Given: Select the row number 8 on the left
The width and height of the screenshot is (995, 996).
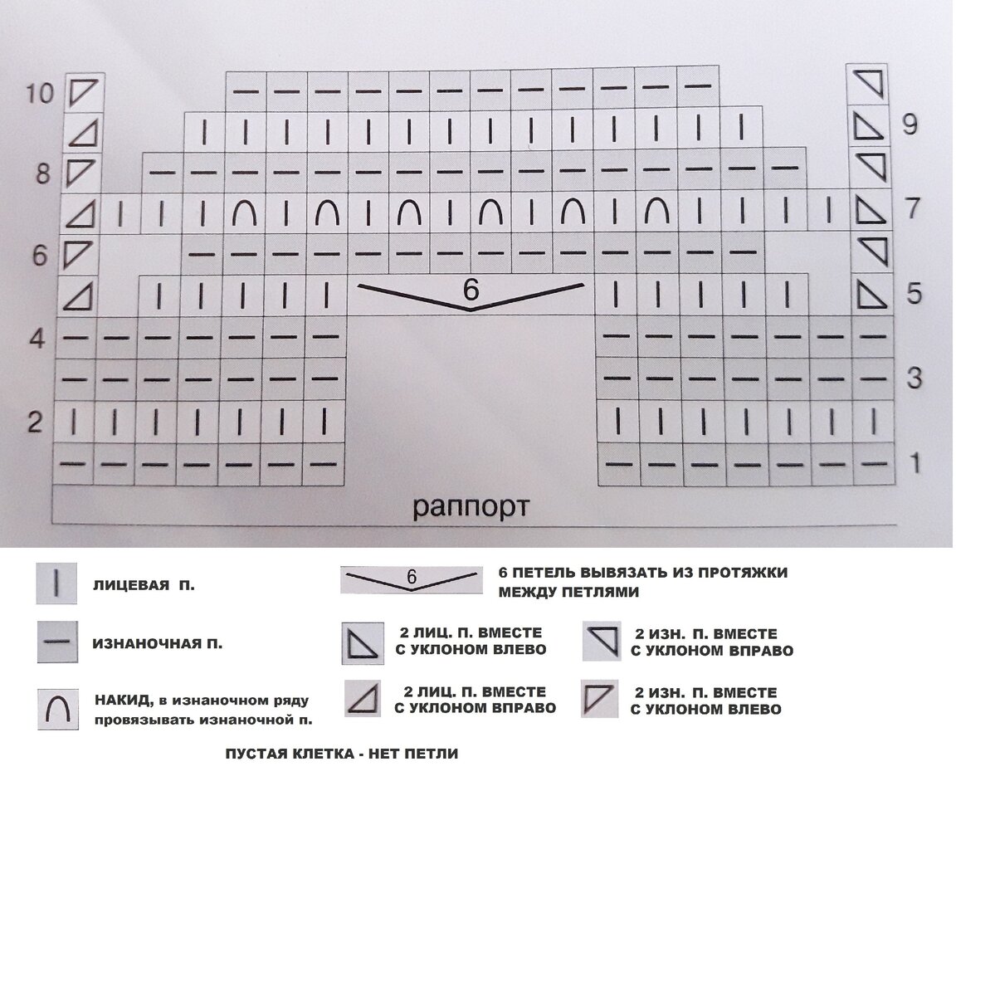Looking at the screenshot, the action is (42, 174).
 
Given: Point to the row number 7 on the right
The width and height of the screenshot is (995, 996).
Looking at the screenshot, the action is (912, 208).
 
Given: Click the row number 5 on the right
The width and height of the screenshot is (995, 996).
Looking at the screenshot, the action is (913, 294).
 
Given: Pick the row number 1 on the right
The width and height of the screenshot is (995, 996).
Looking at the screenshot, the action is (915, 463).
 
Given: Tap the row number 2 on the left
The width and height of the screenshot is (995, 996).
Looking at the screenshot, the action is (34, 422).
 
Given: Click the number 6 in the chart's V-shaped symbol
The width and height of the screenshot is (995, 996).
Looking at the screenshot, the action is (471, 290).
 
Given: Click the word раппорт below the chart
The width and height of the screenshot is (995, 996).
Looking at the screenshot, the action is (470, 507).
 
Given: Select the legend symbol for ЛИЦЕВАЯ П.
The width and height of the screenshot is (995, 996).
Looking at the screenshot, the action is (56, 583).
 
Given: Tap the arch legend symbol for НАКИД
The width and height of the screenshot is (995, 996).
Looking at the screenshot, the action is (58, 709).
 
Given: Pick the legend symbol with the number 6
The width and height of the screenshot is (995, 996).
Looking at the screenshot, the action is (411, 578).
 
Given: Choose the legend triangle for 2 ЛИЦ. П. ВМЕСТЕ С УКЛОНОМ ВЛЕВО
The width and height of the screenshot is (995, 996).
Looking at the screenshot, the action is (363, 643).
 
